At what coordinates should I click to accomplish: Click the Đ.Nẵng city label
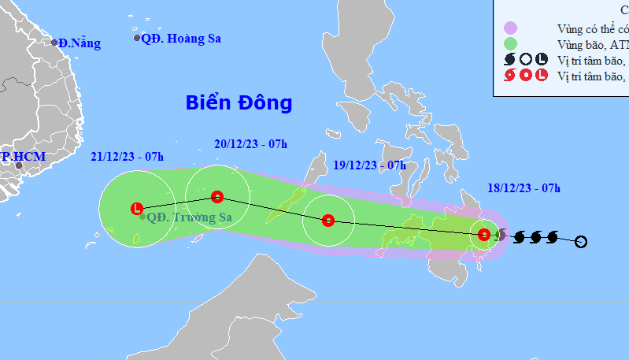click(x=80, y=43)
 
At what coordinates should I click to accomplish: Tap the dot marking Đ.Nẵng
click(x=54, y=43)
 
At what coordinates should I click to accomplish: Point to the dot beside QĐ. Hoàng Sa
click(x=137, y=38)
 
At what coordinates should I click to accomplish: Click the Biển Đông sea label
click(x=239, y=102)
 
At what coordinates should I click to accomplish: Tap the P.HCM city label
click(x=23, y=157)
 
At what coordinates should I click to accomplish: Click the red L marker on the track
click(x=137, y=209)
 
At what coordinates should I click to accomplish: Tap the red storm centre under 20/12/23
click(x=217, y=196)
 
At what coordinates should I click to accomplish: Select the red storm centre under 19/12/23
click(x=329, y=221)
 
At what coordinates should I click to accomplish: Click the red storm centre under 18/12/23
click(x=484, y=233)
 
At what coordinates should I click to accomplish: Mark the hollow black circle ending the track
click(x=581, y=241)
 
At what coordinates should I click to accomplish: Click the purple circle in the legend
click(x=510, y=28)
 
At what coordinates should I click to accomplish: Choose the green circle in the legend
click(x=510, y=44)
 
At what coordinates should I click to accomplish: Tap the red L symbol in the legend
click(x=541, y=76)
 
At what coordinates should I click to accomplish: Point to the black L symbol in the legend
click(x=541, y=60)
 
